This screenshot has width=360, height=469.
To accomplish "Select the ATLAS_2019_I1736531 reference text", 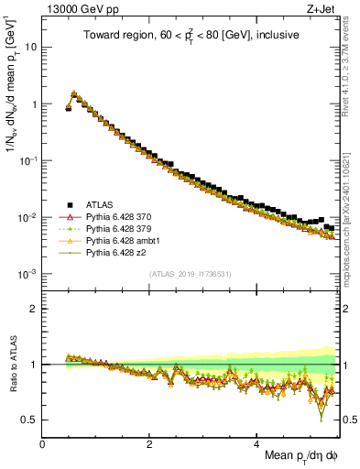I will click(x=190, y=274).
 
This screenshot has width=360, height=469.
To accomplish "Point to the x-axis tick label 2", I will click(x=150, y=443).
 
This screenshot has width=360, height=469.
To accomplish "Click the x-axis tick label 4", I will click(x=257, y=443).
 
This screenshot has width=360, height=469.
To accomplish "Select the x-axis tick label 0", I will click(x=43, y=443).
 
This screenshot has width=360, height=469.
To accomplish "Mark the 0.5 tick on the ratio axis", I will click(x=30, y=420).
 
